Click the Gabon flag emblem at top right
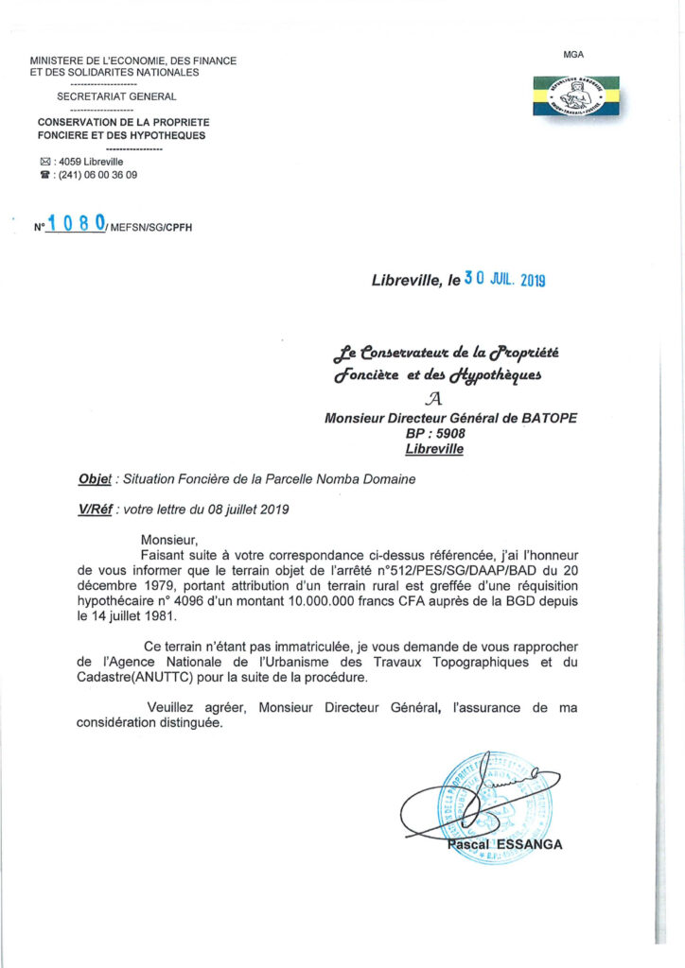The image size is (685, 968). point(575,95)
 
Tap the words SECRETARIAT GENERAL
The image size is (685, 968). point(116,95)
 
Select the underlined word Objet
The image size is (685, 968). point(96,480)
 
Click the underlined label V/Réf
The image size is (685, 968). point(96,510)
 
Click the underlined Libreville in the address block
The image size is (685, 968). point(434,449)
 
